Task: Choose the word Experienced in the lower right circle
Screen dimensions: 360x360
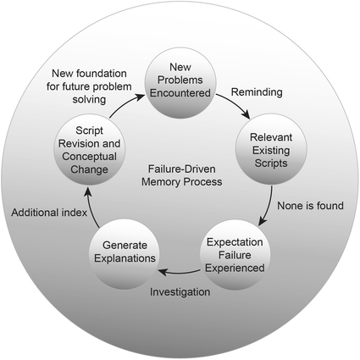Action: [233, 267]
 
